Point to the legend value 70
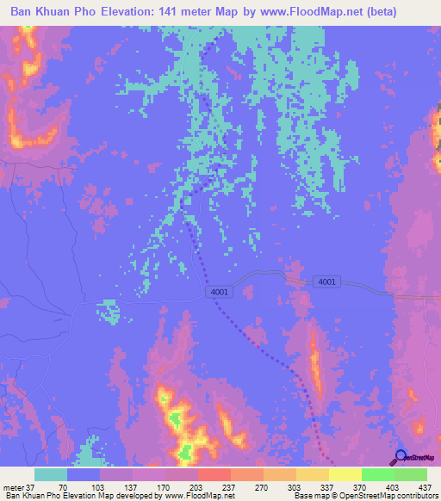pyautogui.click(x=63, y=486)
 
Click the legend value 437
pyautogui.click(x=423, y=486)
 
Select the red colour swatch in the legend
pyautogui.click(x=214, y=474)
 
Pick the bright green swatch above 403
pyautogui.click(x=377, y=474)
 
